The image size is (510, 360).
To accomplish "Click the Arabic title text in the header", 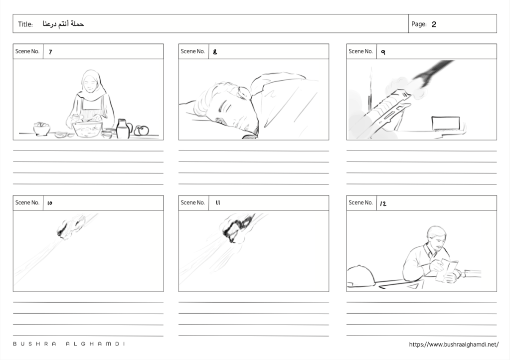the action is pyautogui.click(x=63, y=24).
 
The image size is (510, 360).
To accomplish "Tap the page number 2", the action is pyautogui.click(x=434, y=24).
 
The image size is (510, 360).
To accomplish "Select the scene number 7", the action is pyautogui.click(x=50, y=52).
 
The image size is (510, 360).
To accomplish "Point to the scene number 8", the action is pyautogui.click(x=215, y=52).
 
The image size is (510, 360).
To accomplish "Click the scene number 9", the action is pyautogui.click(x=383, y=52).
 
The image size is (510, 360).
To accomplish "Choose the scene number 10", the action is pyautogui.click(x=50, y=203).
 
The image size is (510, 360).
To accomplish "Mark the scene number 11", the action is pyautogui.click(x=218, y=202).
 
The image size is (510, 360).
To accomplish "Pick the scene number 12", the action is pyautogui.click(x=383, y=203).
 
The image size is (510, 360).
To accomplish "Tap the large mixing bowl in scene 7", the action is pyautogui.click(x=87, y=129).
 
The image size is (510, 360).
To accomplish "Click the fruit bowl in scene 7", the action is pyautogui.click(x=42, y=129).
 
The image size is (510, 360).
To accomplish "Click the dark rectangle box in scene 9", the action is pyautogui.click(x=446, y=124).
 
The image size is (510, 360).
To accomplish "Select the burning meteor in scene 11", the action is pyautogui.click(x=237, y=228).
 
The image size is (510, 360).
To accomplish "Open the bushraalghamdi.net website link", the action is pyautogui.click(x=454, y=345).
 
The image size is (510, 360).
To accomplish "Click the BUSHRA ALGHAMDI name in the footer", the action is pyautogui.click(x=69, y=344).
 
